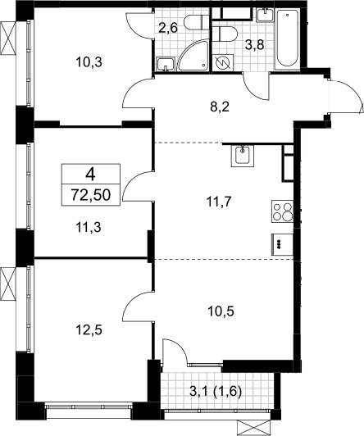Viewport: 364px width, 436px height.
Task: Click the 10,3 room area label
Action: coord(89,62)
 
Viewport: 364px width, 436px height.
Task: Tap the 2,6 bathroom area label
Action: coord(168,28)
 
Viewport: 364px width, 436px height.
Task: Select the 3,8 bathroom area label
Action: coord(254,44)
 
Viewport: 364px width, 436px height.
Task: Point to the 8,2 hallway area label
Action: coord(220,107)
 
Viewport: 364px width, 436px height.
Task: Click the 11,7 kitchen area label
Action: coord(219,202)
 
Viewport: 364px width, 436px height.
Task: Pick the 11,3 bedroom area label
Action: coord(89,228)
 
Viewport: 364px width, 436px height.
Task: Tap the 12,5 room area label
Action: coord(89,330)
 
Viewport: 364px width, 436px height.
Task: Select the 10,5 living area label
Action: coord(221,311)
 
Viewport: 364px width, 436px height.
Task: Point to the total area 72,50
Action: coord(91,195)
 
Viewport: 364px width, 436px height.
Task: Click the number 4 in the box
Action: coord(91,175)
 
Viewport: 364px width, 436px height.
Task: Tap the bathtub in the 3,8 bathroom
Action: coord(287,39)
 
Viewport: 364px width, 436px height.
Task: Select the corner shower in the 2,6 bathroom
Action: coord(193,55)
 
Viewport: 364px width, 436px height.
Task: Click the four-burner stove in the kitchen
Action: coord(282,211)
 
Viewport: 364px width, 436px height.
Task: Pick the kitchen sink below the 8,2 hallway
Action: coord(243,156)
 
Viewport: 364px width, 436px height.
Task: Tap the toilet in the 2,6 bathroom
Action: coord(197,22)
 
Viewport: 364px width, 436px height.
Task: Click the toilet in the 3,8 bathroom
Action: coord(226,34)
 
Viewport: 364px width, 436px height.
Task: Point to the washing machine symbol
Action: coord(223,62)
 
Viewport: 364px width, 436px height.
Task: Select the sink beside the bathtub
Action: coord(265,15)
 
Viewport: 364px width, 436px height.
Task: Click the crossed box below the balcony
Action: coord(254,428)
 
